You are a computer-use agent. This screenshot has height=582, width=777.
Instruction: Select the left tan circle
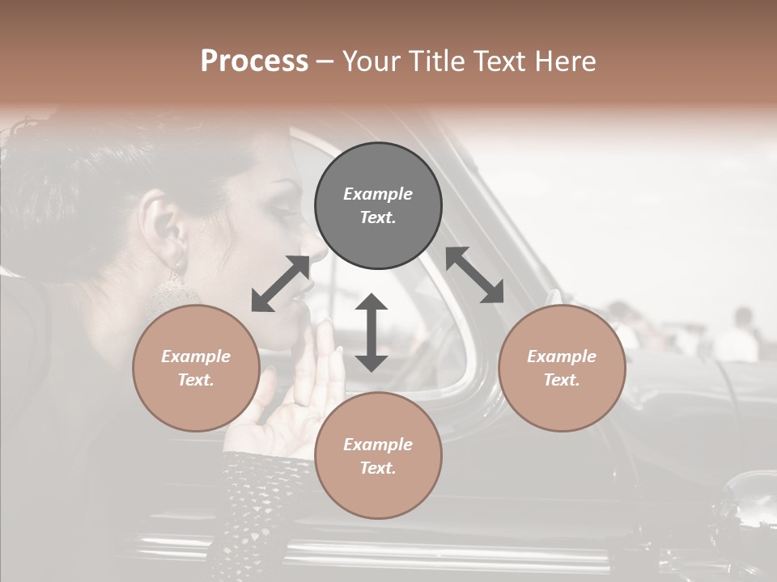point(196,368)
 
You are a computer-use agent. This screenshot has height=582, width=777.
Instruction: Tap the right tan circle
point(562,368)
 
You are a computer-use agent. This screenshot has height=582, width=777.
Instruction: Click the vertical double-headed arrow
point(372,332)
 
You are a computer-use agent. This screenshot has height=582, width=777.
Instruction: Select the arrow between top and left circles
point(281,284)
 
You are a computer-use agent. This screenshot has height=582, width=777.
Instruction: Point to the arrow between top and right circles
point(475,275)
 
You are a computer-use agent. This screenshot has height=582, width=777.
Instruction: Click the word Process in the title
point(254,61)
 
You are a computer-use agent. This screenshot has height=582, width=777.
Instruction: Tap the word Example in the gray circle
point(378,194)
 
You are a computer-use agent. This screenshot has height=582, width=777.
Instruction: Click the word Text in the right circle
point(562,380)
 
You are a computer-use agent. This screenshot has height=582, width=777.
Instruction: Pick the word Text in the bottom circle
point(378,468)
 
